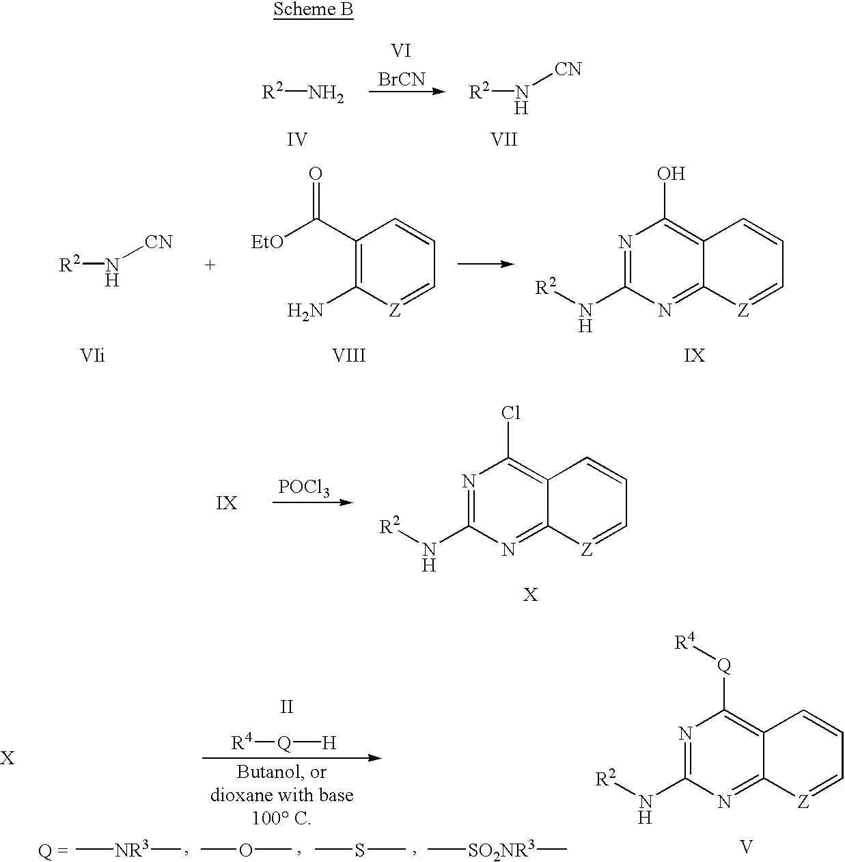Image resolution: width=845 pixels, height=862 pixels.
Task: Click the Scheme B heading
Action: click(313, 10)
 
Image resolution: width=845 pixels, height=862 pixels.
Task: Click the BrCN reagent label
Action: click(402, 79)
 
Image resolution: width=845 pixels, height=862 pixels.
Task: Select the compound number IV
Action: click(297, 139)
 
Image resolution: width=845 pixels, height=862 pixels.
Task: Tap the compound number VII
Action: click(504, 139)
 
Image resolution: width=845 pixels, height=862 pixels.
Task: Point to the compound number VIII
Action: click(349, 355)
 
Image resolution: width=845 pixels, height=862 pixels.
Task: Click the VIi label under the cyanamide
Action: click(92, 355)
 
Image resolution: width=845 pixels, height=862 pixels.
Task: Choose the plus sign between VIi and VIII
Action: click(210, 265)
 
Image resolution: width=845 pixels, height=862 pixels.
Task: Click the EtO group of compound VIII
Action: click(267, 243)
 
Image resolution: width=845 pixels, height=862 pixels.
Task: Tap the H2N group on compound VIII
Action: click(305, 310)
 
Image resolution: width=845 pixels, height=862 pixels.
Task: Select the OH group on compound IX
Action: click(671, 174)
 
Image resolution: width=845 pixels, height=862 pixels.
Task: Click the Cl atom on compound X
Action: click(511, 413)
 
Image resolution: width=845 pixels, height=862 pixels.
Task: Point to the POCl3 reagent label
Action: click(304, 487)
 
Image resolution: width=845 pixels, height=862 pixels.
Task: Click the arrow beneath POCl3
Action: click(312, 502)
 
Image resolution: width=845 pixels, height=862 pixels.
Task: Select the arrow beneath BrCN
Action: click(407, 92)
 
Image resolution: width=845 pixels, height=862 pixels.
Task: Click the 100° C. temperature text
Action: click(281, 818)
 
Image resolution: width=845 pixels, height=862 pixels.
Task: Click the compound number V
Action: click(746, 846)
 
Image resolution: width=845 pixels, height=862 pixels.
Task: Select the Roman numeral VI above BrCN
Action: click(401, 51)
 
